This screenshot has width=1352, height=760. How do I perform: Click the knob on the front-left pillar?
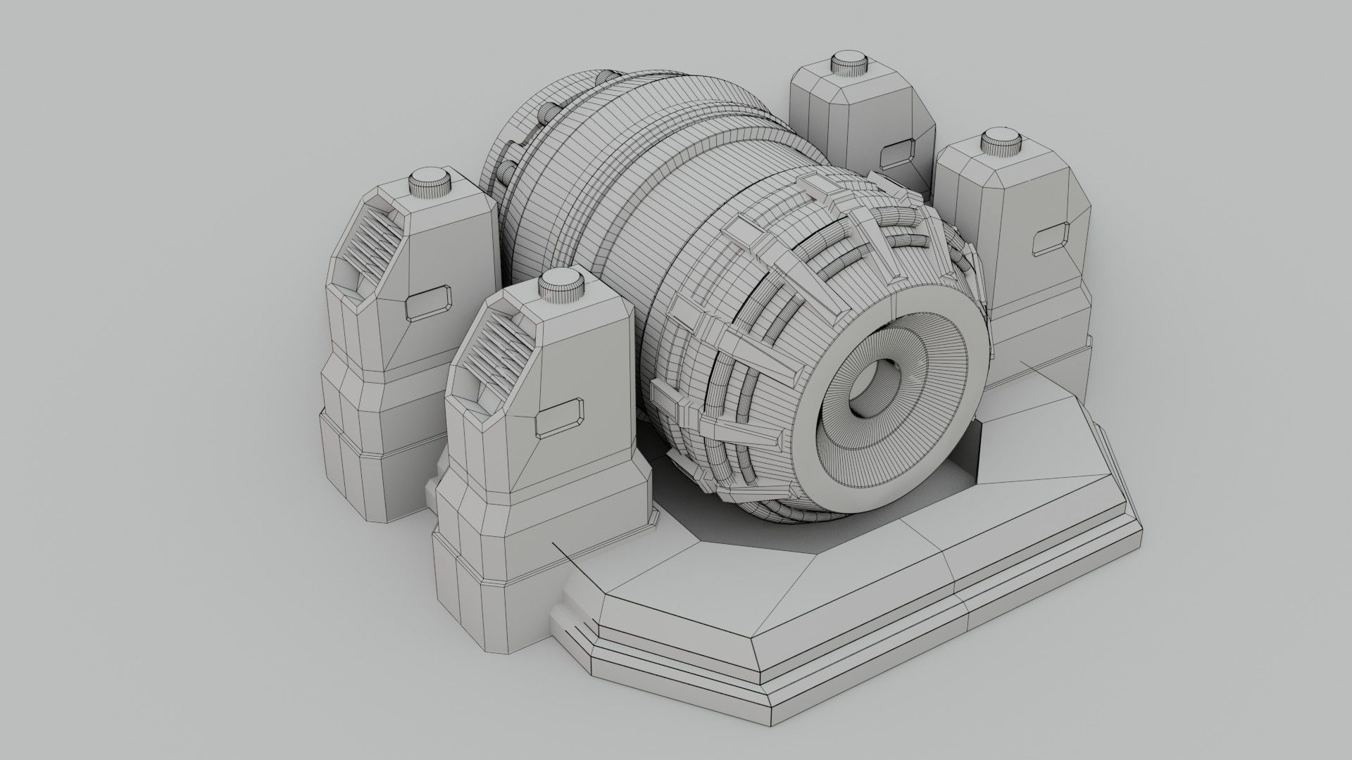coord(561,286)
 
